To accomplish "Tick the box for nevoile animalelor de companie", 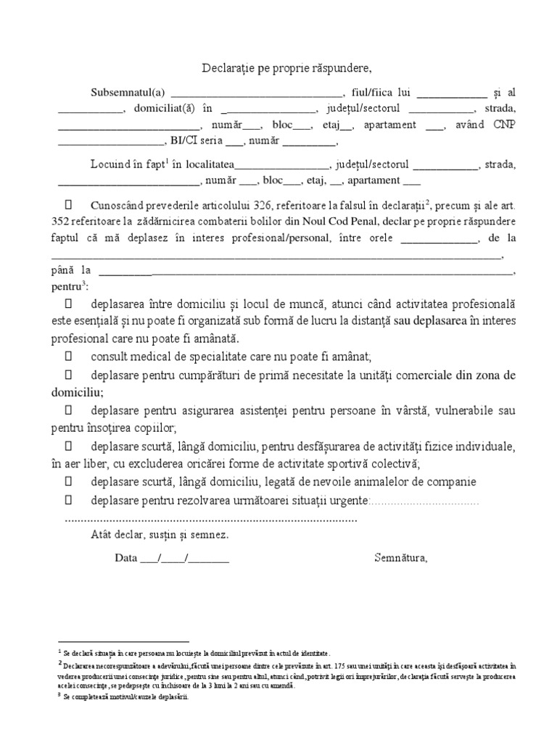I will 69,482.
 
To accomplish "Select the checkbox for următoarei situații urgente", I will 69,500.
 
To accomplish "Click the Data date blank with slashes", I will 184,559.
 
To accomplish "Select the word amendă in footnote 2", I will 281,685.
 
